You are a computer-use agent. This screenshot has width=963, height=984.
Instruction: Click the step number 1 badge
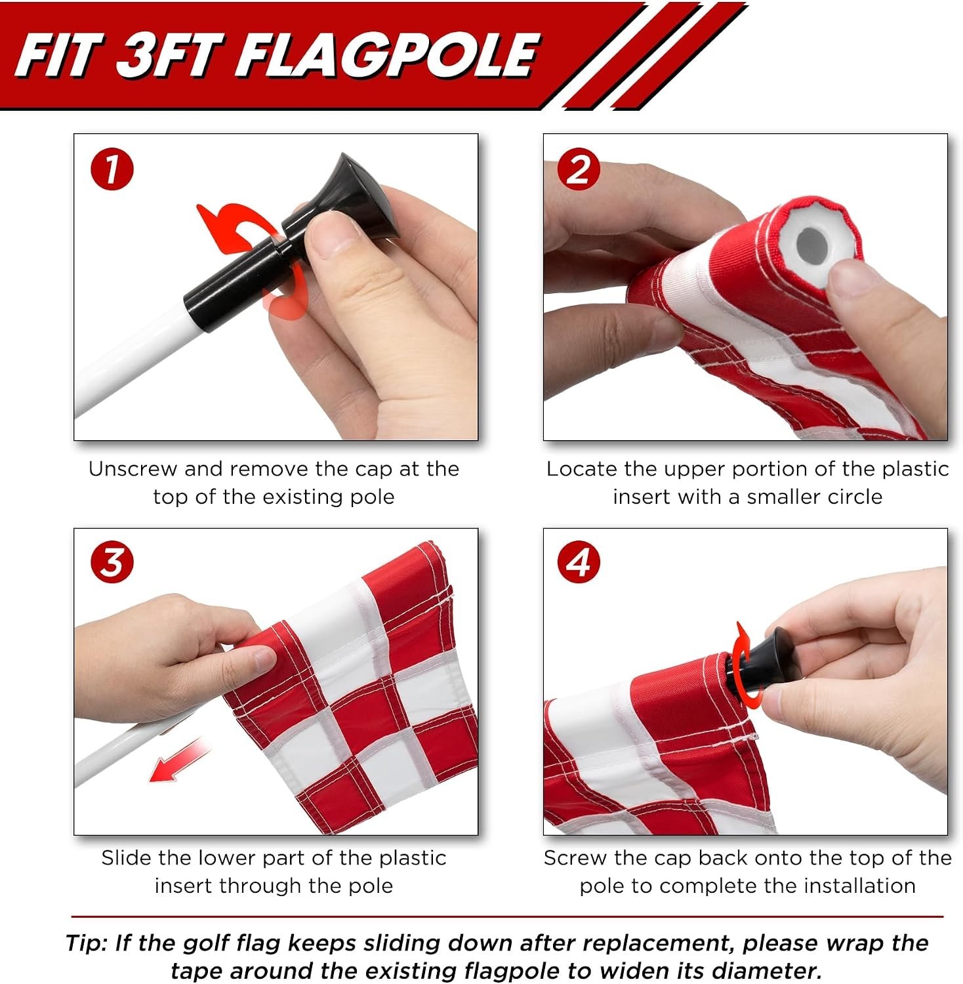tap(112, 169)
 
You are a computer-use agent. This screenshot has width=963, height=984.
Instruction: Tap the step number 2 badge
tap(578, 169)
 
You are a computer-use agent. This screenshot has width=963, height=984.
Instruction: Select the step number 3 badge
tap(112, 562)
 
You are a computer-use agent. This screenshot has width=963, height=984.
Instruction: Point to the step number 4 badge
tap(579, 562)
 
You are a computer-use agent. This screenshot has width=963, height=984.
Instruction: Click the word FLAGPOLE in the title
tap(387, 55)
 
